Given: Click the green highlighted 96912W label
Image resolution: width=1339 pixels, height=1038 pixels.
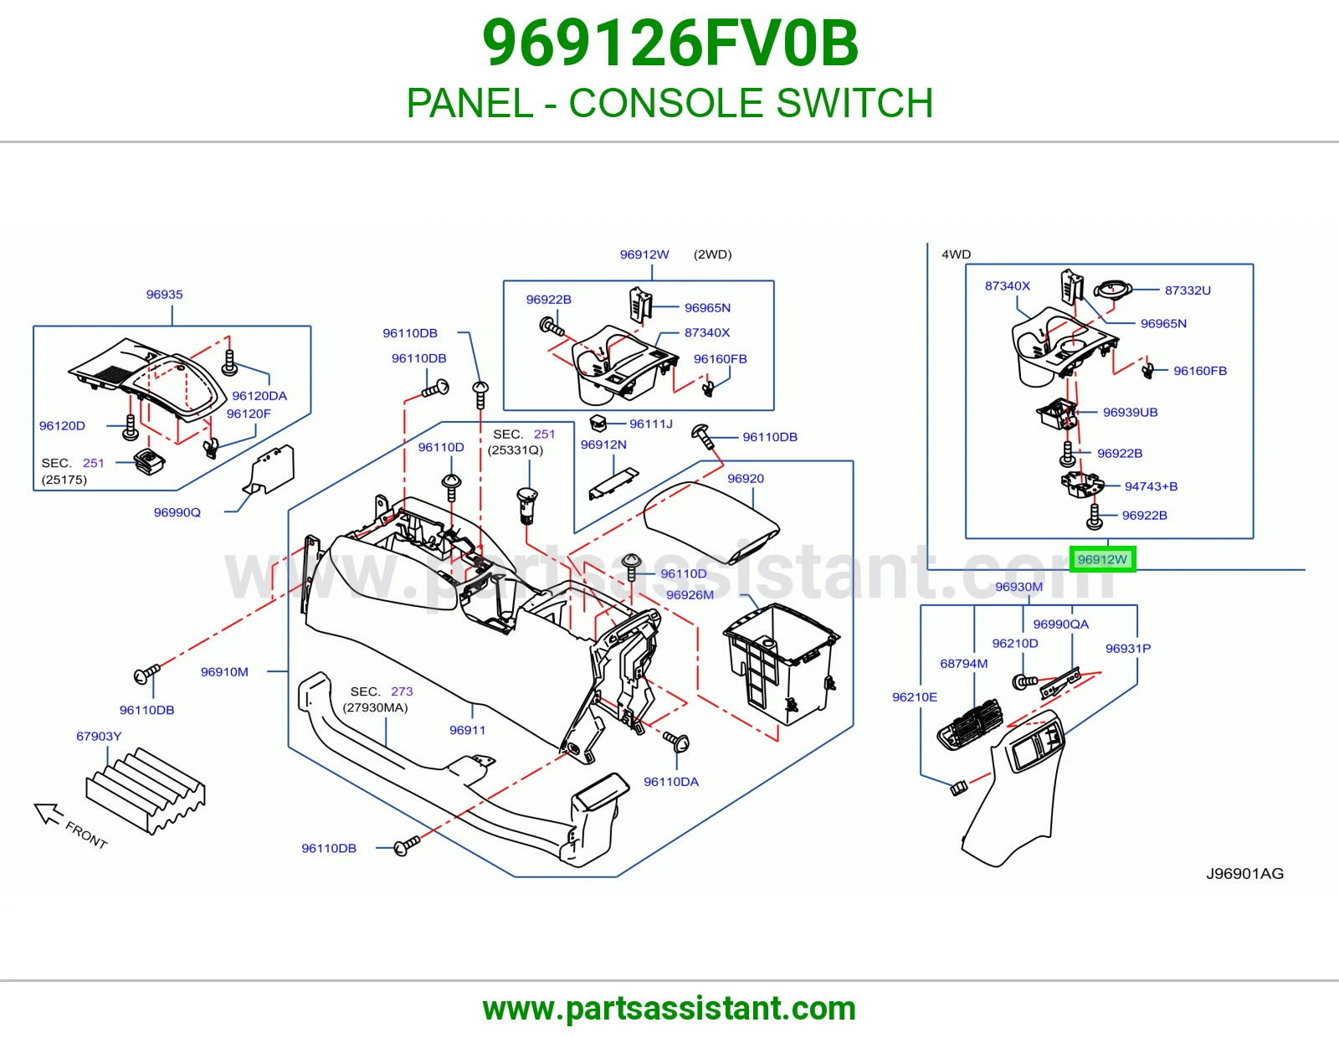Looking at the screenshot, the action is pos(1102,559).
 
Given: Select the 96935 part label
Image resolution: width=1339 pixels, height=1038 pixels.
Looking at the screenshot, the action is pos(165,294).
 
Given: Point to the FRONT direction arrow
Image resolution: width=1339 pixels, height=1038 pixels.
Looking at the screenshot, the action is pos(49,813).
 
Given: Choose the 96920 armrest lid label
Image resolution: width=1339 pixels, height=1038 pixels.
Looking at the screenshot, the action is pos(746,478).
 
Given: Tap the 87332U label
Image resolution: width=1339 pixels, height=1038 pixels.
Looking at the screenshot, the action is pos(1188,290).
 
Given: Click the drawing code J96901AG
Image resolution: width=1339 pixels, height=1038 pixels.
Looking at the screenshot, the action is pos(1244,873).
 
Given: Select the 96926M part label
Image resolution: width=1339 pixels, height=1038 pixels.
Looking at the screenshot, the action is pos(690,595).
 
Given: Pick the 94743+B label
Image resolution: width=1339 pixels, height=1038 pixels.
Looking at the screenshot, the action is pos(1151,486).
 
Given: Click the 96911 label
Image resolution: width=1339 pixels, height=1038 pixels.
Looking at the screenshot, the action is pos(467,730).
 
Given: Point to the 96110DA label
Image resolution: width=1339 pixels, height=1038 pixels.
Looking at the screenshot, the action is pos(671,782).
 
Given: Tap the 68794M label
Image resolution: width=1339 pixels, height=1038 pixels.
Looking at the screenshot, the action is pos(964,663).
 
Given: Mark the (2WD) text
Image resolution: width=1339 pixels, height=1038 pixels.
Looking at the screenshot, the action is pos(712,254).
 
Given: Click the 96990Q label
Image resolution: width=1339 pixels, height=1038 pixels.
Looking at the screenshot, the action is pos(177,512).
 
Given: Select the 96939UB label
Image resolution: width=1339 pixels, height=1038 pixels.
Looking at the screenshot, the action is pos(1130,413).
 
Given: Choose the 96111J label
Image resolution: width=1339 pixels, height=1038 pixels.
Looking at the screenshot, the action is pos(651,424).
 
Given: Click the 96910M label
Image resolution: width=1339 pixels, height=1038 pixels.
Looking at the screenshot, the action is pos(224,672).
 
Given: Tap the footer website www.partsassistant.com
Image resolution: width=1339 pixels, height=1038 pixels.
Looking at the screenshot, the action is pos(669,1009).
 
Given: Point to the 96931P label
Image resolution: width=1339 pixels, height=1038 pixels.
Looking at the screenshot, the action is pos(1127,649).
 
